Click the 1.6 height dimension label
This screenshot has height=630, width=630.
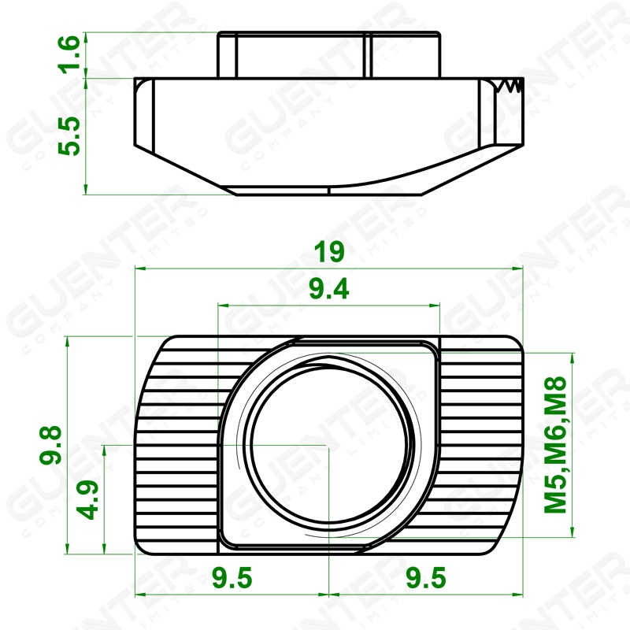[x=69, y=54]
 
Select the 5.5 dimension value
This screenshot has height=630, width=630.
[x=69, y=135]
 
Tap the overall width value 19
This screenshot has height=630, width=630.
[x=329, y=252]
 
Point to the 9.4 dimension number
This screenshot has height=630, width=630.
[x=329, y=288]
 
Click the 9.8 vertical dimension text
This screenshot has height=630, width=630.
[x=50, y=445]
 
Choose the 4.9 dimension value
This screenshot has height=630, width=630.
[x=87, y=500]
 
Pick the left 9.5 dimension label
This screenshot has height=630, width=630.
[x=232, y=578]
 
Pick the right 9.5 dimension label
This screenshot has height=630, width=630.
[x=426, y=578]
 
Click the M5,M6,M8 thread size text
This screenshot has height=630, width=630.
[x=555, y=445]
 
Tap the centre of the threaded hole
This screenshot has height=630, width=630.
[x=328, y=445]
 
